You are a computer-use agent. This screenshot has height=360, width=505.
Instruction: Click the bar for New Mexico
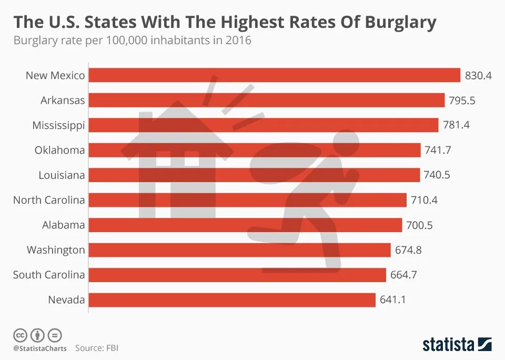click(274, 75)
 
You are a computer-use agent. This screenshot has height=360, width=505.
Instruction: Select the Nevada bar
click(232, 300)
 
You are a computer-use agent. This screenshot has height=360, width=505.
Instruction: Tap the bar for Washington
click(239, 250)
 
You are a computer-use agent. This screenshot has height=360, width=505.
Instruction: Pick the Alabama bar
click(245, 225)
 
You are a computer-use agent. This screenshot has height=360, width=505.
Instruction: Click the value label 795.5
click(462, 100)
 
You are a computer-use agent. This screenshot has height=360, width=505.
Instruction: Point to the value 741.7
click(438, 150)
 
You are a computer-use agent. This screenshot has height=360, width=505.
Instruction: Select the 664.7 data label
click(403, 275)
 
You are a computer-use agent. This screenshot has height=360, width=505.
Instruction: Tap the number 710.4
click(424, 200)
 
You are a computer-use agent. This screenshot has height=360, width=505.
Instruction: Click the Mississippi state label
click(58, 125)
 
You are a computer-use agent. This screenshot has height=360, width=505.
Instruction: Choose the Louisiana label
click(62, 175)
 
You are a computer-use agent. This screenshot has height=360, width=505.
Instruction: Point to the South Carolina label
click(49, 275)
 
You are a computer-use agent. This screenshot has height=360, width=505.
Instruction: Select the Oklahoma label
click(59, 150)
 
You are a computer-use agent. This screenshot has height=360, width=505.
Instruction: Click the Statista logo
click(457, 344)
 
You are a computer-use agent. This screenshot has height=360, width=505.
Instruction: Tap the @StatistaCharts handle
click(40, 348)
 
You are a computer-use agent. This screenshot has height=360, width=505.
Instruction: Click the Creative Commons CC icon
click(20, 335)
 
